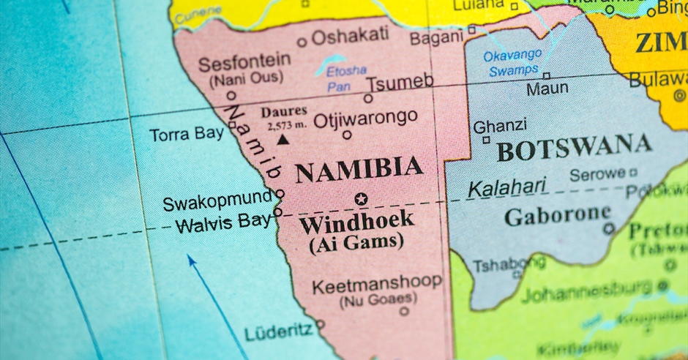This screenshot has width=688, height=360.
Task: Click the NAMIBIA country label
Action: [359, 170]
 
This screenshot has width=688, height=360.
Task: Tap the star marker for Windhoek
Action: [360, 198]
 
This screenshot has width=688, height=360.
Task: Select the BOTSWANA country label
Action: [574, 148]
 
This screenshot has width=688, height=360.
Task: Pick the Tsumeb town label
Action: [400, 82]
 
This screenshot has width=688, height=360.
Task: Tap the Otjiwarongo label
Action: [365, 118]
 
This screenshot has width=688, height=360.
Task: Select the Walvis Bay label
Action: [223, 222]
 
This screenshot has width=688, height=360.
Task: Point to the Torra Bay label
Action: [187, 135]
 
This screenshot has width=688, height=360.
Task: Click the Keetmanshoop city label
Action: [377, 283]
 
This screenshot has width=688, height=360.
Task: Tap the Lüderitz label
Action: [278, 332]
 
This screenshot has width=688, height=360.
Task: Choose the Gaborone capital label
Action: [557, 216]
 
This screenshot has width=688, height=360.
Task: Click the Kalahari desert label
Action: [507, 188]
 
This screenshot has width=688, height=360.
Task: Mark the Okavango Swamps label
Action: [512, 63]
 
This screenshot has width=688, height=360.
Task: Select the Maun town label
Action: [547, 89]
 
